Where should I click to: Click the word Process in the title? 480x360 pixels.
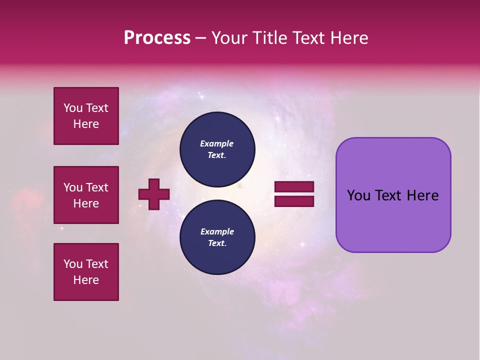coord(157,38)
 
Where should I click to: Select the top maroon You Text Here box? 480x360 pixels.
coord(86,116)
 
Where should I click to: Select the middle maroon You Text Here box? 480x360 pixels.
coord(86,195)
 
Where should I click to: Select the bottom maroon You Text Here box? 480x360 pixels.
coord(86,272)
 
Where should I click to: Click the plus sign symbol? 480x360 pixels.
coord(154,194)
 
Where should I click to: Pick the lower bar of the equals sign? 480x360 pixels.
coord(294,201)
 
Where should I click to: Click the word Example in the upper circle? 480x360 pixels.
coord(217,143)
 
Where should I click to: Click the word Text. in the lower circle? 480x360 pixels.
coord(217,243)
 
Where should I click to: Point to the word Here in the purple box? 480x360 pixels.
coord(422,195)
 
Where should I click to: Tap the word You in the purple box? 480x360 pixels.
coord(358,195)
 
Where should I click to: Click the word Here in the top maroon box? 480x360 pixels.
coord(86,124)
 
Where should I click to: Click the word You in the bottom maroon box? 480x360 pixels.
coord(73,264)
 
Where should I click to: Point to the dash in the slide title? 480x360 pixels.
coord(201,38)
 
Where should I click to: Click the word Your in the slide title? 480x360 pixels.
coord(229,38)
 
